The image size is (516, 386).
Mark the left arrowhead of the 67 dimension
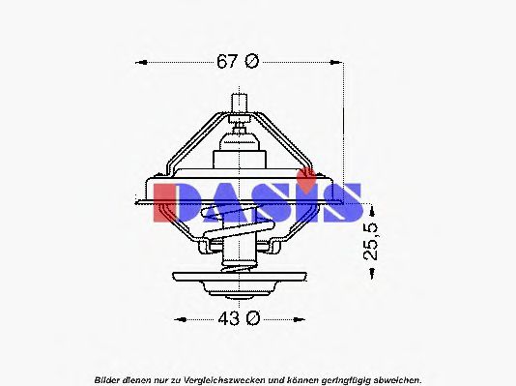tap(137, 62)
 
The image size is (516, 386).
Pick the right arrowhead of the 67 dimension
tap(340, 62)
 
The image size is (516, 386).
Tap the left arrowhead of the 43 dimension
tap(175, 317)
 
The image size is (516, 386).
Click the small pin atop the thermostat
tap(239, 100)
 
